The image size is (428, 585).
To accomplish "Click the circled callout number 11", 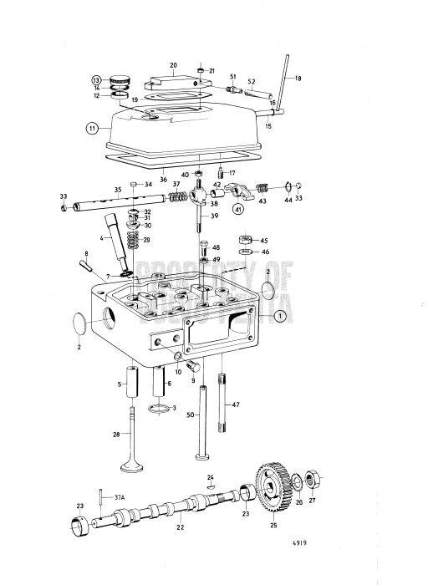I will (x=91, y=129).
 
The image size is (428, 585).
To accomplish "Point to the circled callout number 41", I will (x=238, y=209).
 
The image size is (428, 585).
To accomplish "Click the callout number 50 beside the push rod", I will (x=190, y=415).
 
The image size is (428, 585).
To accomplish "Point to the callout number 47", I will (x=236, y=404).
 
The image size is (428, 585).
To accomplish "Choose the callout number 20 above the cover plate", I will (x=173, y=65).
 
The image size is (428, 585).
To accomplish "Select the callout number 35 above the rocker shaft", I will (x=118, y=191).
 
